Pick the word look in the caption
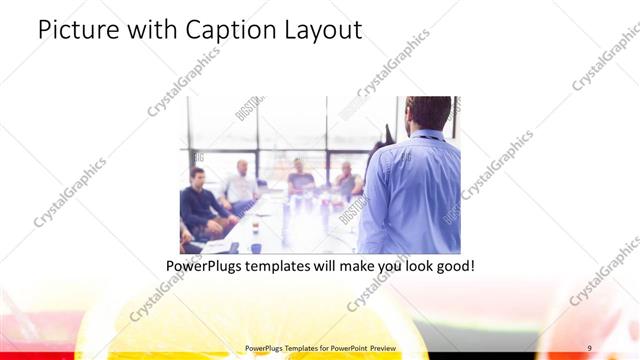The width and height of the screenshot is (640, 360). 404,267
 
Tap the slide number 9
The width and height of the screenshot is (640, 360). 590,348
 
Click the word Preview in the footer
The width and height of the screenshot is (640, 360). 375,348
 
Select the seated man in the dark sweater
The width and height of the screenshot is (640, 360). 200,205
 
